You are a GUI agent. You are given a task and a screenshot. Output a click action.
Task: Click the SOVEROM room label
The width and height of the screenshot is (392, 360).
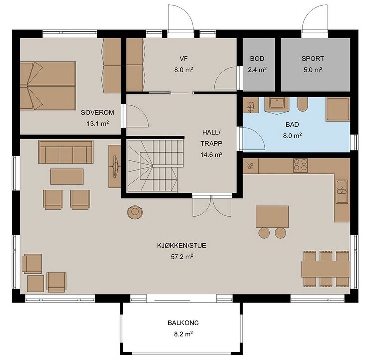pos(97,113)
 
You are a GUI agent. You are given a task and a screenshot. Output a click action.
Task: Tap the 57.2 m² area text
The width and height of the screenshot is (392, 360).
pos(182,256)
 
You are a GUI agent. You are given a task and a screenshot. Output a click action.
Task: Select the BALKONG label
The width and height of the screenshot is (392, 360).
pos(183,323)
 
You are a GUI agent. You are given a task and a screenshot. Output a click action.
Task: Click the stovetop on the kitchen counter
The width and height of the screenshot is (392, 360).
pos(300,165)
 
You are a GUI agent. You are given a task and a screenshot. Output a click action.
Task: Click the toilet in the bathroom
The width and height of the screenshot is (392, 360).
pos(303,104)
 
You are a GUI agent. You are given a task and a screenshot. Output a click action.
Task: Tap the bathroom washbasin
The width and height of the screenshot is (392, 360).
pos(277,104)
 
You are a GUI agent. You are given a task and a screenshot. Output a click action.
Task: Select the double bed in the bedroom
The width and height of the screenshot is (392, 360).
pos(48,86)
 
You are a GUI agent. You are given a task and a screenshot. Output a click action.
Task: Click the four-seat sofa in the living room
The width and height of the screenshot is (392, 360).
pos(66,152)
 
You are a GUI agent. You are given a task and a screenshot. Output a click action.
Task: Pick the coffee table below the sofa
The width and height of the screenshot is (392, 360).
pos(67,177)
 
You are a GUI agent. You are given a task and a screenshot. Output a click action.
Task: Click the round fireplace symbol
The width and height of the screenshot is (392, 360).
pos(135,212)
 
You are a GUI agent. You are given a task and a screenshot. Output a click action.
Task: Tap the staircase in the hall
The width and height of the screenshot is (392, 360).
pos(155,166)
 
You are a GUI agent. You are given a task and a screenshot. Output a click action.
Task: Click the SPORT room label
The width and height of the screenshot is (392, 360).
pos(313,59)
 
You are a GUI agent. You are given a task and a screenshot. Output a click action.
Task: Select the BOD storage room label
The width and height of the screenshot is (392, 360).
pos(257,59)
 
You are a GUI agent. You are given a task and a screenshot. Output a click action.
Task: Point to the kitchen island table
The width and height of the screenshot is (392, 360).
pos(272,217)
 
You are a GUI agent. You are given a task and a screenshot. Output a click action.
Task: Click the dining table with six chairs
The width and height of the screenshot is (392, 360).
pos(326,269)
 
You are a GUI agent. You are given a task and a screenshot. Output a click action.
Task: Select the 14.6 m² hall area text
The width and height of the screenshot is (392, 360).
pos(211,155)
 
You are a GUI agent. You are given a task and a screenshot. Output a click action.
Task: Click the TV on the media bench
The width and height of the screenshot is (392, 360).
pos(115,166)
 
